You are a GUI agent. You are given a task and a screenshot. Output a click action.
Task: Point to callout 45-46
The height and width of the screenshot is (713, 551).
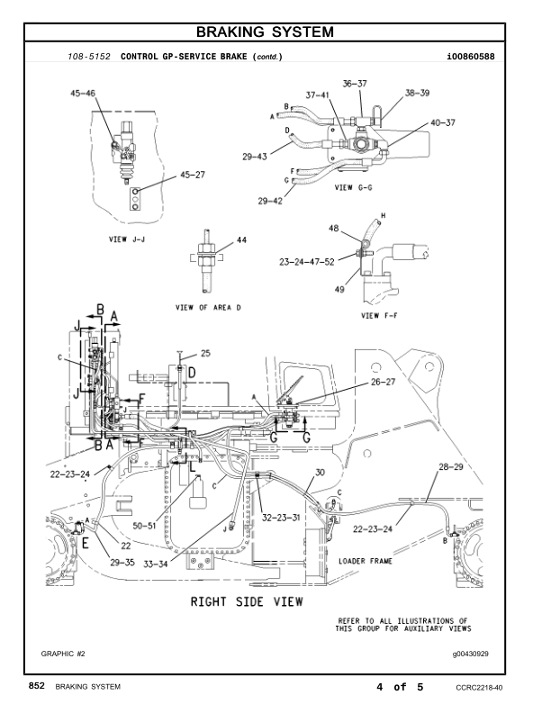tap(85, 92)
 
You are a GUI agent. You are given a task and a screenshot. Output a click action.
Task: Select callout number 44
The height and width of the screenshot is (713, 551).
tap(240, 240)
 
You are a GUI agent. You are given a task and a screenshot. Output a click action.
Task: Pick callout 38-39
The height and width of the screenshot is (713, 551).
tap(417, 93)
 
